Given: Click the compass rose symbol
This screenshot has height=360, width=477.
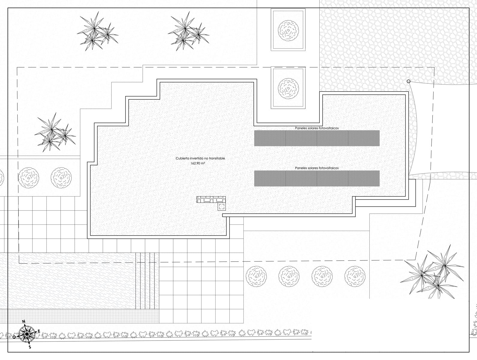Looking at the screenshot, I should (27, 334).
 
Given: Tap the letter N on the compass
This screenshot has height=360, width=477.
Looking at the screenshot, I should (24, 322).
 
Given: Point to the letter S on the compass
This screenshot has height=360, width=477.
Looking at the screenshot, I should (30, 347).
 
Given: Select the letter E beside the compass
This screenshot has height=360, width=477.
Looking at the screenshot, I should (39, 331).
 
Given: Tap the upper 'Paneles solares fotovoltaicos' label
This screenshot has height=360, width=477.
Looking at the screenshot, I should (317, 128).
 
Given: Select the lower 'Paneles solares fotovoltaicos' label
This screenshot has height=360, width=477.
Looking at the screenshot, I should (317, 168).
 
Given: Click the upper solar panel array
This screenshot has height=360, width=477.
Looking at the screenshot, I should (317, 138).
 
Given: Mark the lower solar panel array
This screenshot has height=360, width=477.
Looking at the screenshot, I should (317, 178).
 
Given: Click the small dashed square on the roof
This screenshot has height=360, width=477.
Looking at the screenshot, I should (222, 206).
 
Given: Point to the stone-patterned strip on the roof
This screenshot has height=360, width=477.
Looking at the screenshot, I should (211, 199).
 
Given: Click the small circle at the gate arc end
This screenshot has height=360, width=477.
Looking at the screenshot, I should (408, 81).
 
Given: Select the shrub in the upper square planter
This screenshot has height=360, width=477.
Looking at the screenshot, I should (288, 30).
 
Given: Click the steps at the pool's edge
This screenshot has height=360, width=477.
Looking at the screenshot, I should (147, 280).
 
